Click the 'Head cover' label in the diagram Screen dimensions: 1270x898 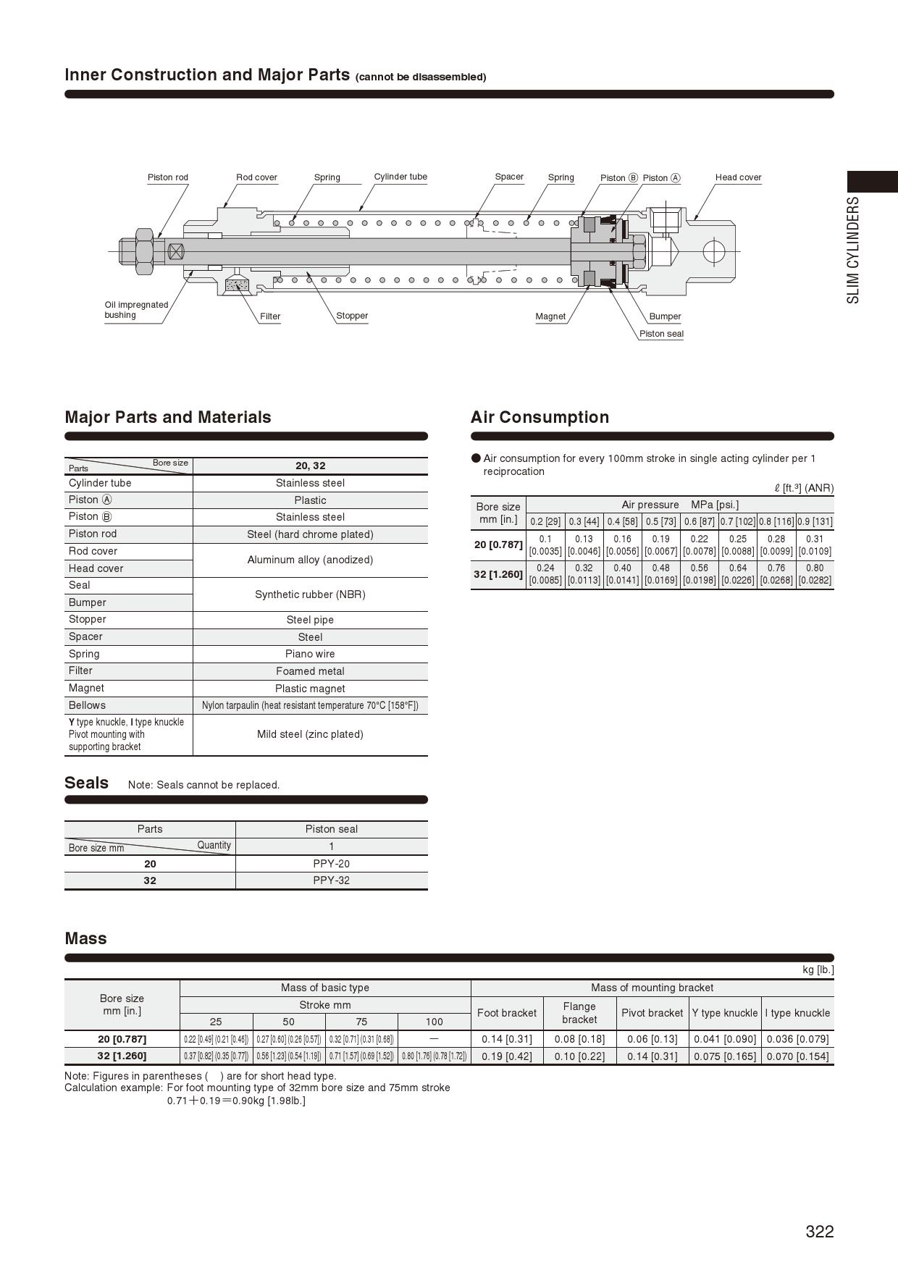(738, 177)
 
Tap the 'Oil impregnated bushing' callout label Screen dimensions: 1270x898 (136, 310)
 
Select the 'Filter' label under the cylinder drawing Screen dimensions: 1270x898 (270, 316)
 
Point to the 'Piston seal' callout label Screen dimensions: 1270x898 (661, 334)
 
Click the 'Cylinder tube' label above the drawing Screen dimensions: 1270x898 (400, 177)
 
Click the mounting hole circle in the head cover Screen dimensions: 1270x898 (713, 251)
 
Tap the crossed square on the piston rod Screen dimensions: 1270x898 (176, 251)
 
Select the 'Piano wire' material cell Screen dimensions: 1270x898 (310, 654)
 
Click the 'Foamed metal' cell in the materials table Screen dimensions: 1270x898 (310, 671)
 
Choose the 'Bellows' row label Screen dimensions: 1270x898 (87, 705)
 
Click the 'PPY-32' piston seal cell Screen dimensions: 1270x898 (331, 880)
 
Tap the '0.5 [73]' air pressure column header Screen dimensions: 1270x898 (660, 521)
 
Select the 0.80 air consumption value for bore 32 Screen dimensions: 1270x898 (815, 568)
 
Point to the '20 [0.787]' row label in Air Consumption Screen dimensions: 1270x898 (498, 544)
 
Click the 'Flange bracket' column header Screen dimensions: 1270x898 (579, 1013)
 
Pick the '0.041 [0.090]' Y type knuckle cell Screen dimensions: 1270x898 (725, 1039)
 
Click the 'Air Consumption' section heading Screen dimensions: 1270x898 (540, 417)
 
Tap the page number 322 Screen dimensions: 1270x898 (819, 1232)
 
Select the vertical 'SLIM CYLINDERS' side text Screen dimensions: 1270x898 (854, 250)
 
